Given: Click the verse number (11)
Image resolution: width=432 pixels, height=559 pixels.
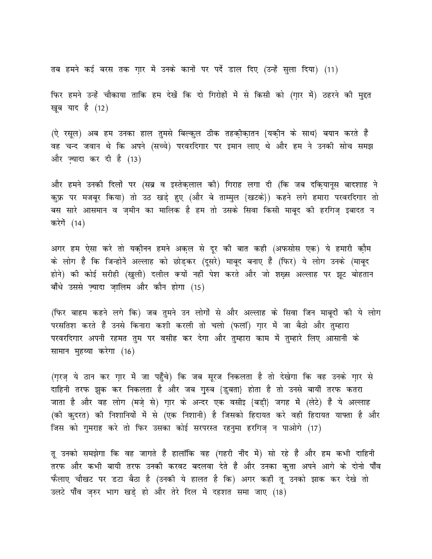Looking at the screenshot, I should click(329, 69).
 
